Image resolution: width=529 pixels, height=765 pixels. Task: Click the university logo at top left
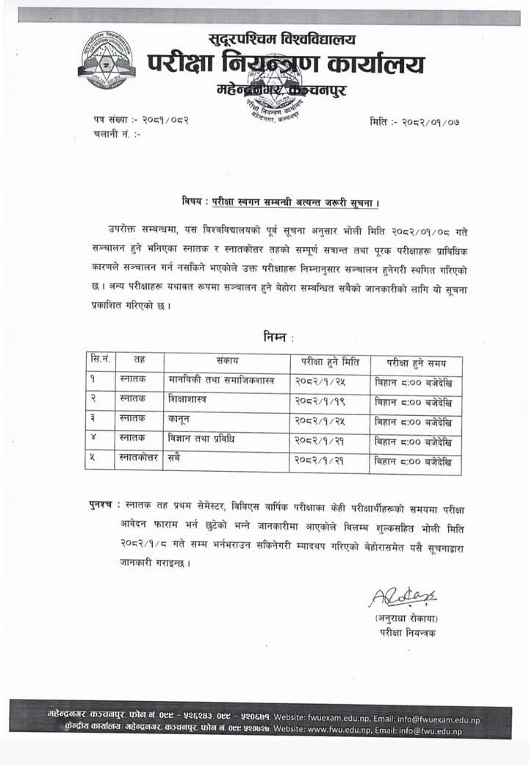pyautogui.click(x=109, y=60)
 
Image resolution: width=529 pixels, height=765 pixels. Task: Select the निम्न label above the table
pyautogui.click(x=278, y=337)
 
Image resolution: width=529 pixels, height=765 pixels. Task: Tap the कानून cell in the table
pyautogui.click(x=179, y=422)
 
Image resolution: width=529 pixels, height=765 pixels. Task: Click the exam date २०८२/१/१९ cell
pyautogui.click(x=320, y=402)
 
